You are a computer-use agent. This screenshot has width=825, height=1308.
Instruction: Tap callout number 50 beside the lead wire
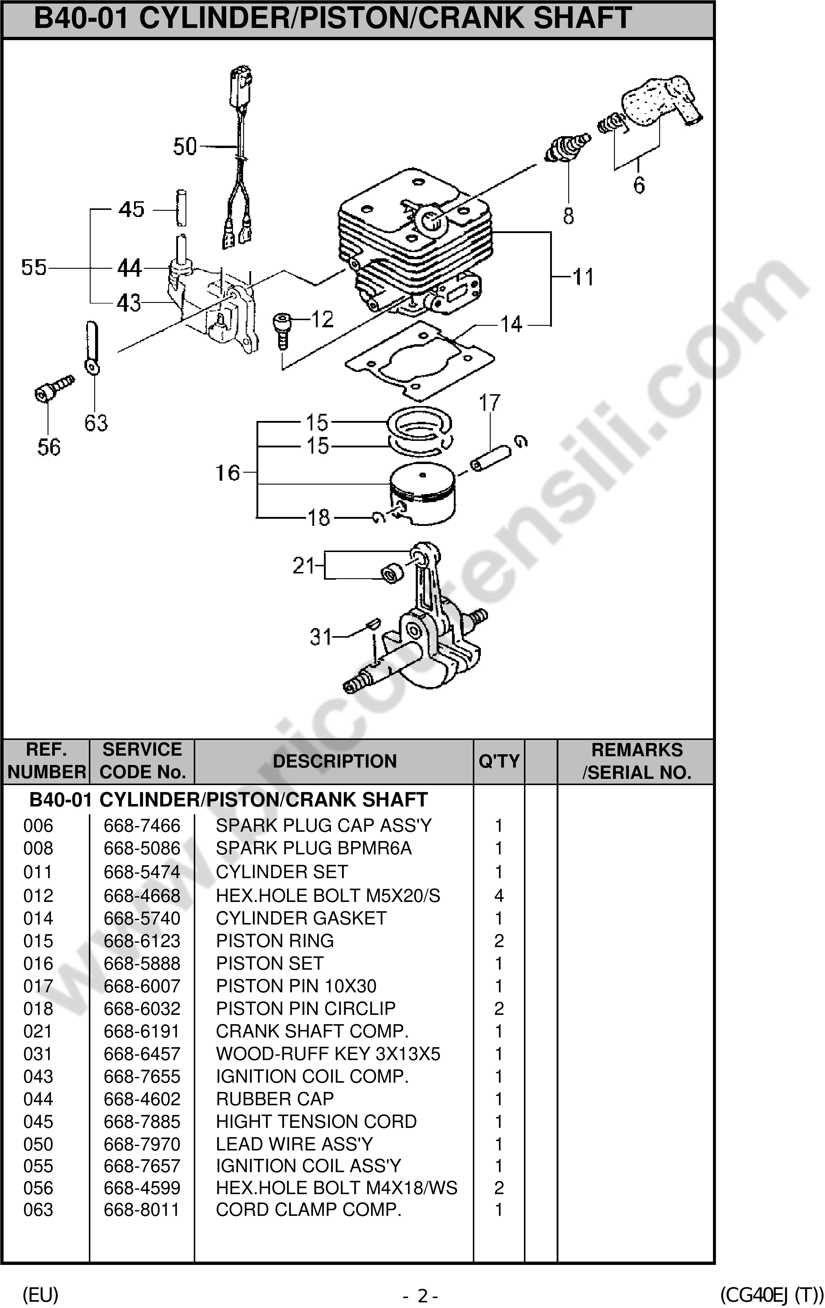coord(185,147)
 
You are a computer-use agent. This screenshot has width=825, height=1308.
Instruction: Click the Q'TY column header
coord(499,761)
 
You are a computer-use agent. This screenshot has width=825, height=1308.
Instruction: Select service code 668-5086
coord(142,848)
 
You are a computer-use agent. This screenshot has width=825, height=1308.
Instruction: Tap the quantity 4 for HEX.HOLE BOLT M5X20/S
coord(499,896)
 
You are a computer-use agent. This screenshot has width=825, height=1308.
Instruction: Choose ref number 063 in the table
coord(38,1210)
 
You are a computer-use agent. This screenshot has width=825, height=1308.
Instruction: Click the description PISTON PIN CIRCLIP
coord(306,1008)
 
